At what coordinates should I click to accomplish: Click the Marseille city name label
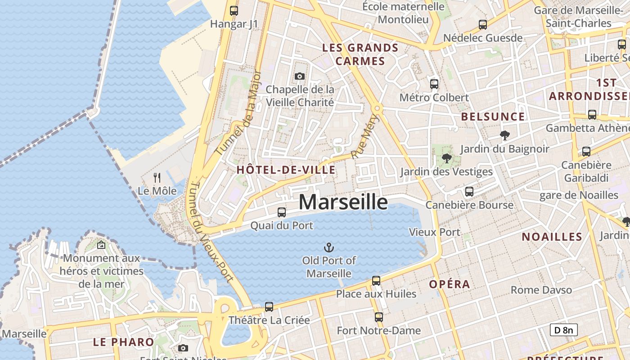click(343, 202)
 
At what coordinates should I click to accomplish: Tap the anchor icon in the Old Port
click(329, 247)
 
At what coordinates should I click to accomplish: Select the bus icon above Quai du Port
click(282, 212)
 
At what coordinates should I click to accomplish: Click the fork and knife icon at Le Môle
click(157, 178)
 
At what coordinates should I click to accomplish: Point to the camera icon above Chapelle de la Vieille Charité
click(300, 76)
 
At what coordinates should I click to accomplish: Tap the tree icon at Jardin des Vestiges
click(446, 158)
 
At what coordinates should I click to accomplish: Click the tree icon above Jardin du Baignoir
click(505, 135)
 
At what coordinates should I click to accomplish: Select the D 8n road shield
click(563, 330)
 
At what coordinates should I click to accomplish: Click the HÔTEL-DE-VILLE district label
click(286, 170)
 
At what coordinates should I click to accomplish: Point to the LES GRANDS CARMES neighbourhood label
click(360, 54)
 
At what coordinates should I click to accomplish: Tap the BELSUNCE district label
click(493, 117)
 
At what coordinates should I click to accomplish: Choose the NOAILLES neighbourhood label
click(552, 237)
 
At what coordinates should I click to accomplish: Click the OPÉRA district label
click(450, 284)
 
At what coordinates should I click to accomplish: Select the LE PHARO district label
click(123, 342)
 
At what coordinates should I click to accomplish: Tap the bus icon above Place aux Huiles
click(376, 281)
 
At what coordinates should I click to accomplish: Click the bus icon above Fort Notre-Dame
click(379, 317)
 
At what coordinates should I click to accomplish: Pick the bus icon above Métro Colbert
click(434, 84)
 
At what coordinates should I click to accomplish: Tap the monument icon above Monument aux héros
click(101, 245)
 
